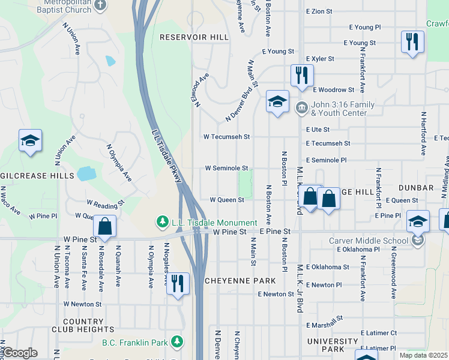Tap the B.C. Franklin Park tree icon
click(x=176, y=342)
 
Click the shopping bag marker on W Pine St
click(x=104, y=227)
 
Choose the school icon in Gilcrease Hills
click(x=30, y=141)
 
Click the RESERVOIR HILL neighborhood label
click(x=194, y=37)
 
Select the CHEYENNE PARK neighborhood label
click(x=240, y=281)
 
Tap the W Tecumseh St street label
click(x=226, y=137)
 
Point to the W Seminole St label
click(x=226, y=169)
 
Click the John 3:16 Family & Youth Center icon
click(x=301, y=108)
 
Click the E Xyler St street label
click(x=324, y=59)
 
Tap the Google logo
click(x=19, y=353)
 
